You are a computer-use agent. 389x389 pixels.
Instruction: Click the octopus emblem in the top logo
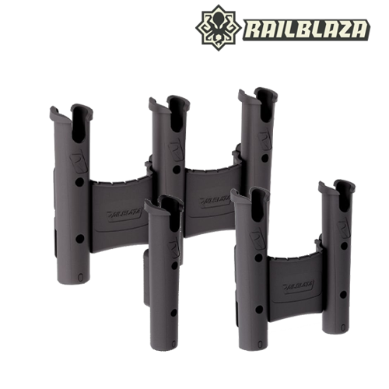(x=219, y=28)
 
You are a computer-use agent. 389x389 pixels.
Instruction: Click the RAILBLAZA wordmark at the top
(x=307, y=30)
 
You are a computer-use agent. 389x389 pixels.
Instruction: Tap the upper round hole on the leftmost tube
(x=79, y=182)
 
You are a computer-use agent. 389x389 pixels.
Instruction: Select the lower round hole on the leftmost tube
(x=79, y=239)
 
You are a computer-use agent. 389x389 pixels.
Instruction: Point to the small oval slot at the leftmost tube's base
(x=80, y=277)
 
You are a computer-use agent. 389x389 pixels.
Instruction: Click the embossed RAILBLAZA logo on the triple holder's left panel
(x=124, y=215)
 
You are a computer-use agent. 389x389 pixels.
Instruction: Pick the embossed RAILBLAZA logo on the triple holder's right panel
(x=215, y=202)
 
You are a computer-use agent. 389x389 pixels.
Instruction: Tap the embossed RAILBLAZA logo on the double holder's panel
(x=299, y=286)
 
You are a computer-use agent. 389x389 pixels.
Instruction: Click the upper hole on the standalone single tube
(x=174, y=266)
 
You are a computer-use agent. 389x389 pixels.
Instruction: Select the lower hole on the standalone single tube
(x=174, y=313)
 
